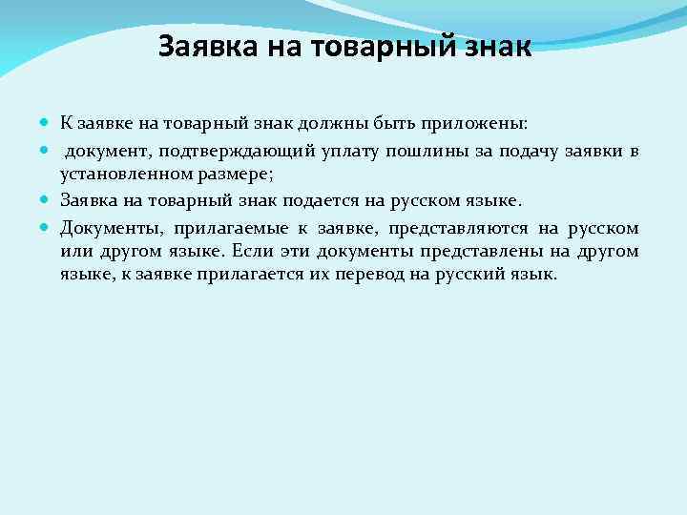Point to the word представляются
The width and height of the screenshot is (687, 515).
click(458, 228)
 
